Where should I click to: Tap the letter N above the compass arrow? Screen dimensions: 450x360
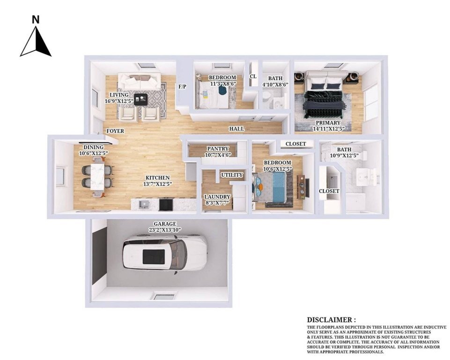click(x=36, y=20)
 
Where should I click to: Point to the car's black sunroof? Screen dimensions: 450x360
click(x=154, y=256)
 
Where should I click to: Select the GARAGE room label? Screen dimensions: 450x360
click(x=165, y=224)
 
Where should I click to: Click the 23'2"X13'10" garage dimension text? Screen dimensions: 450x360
click(x=165, y=230)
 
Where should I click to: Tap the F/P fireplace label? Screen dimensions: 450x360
click(x=183, y=86)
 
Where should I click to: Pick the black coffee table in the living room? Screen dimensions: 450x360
click(x=140, y=99)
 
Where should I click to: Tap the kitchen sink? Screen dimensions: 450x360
click(x=144, y=204)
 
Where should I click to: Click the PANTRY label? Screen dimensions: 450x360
click(x=218, y=149)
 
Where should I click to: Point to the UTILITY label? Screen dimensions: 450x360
click(x=232, y=175)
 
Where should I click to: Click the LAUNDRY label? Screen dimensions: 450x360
click(x=217, y=197)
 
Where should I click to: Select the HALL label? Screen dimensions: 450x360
click(x=236, y=129)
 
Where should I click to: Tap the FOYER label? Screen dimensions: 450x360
click(x=115, y=131)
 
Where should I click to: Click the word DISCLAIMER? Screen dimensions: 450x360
click(x=329, y=320)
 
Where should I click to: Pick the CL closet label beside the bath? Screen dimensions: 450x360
click(x=253, y=76)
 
